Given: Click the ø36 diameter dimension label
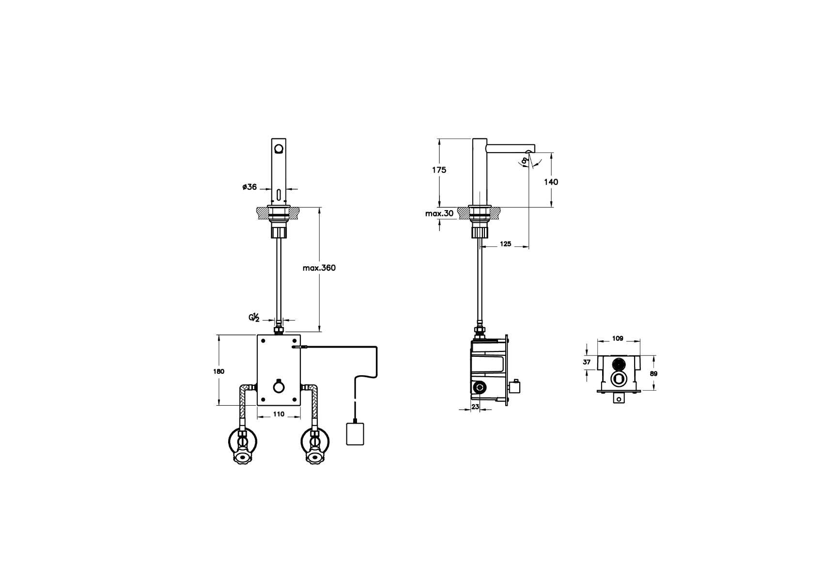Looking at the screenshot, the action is [249, 187].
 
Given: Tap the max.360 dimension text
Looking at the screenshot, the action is [319, 268].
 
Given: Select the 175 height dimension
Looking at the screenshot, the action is [439, 169].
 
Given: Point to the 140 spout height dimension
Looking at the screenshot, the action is [551, 182].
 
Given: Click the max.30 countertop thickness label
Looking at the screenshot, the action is [439, 214].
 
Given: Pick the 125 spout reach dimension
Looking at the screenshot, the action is [506, 244].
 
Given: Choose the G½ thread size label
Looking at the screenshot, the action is [254, 318].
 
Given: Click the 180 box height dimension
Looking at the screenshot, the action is [218, 371].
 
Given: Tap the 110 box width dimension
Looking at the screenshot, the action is [279, 414].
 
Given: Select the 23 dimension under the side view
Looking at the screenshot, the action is [475, 407].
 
